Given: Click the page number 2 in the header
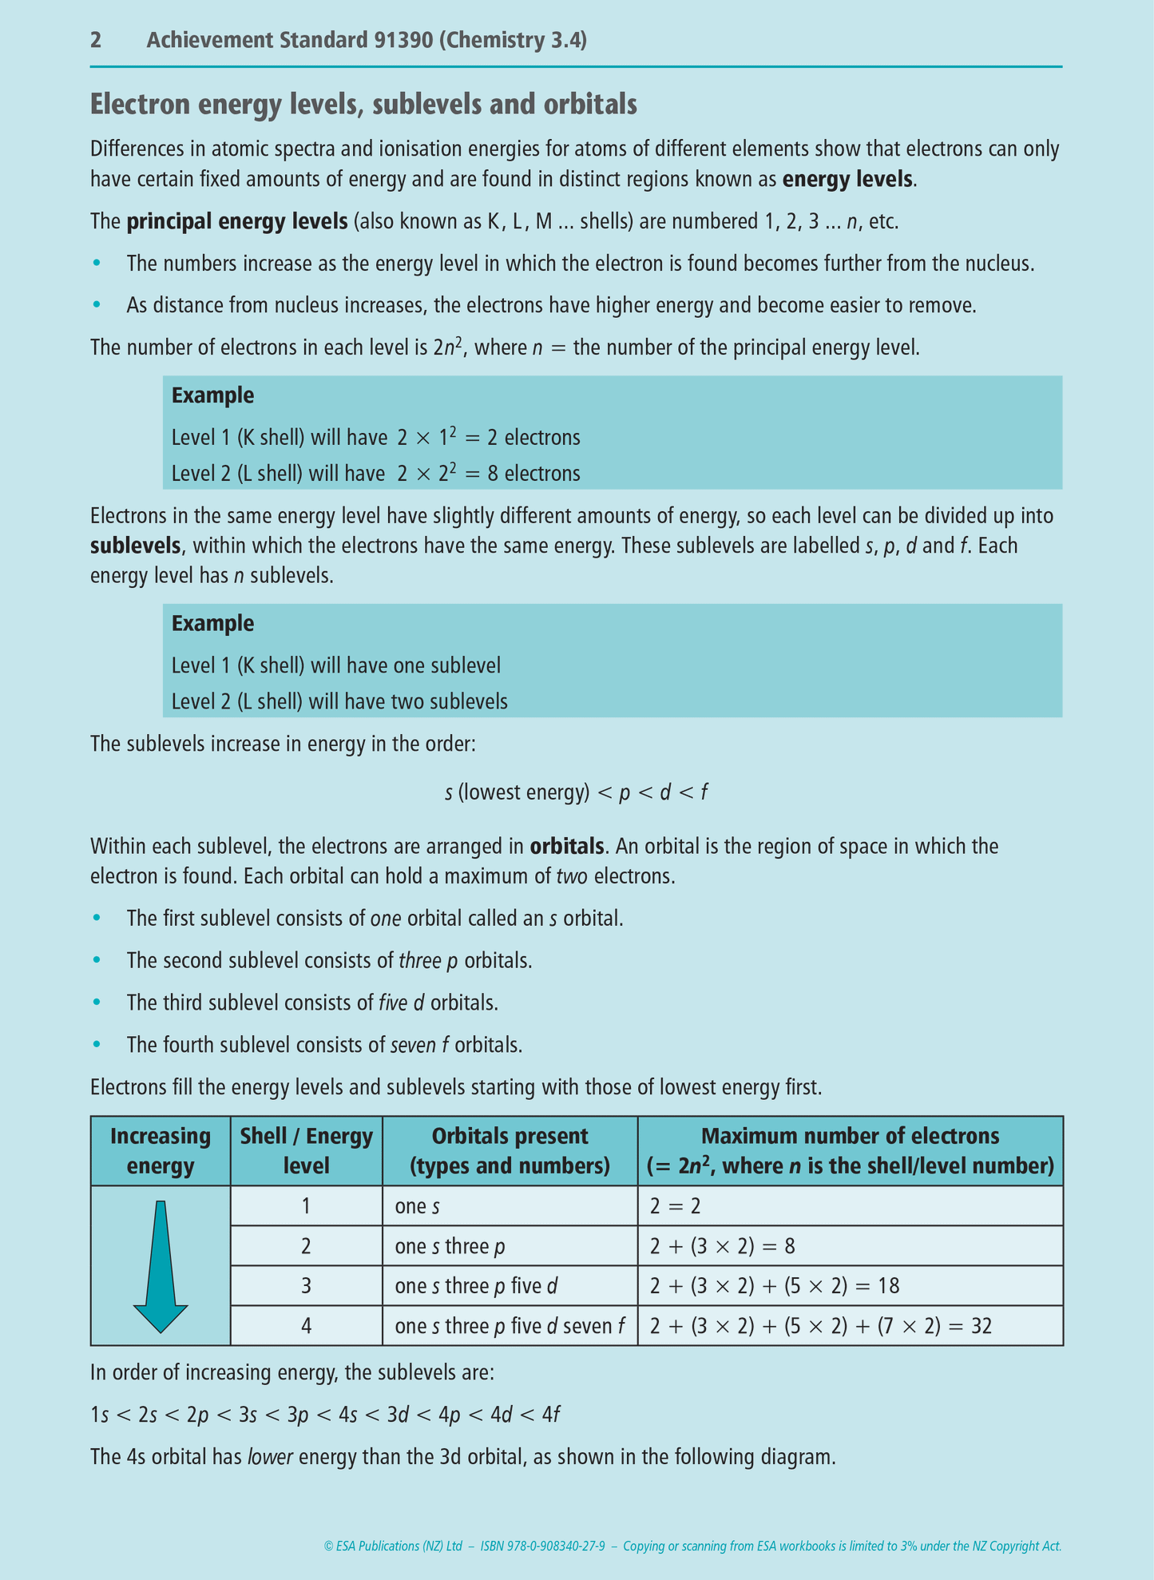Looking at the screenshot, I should point(96,40).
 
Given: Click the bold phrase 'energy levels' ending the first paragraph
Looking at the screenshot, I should point(847,179).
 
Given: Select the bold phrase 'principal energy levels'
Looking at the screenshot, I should point(236,221).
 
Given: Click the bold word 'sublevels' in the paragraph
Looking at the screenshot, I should point(136,546).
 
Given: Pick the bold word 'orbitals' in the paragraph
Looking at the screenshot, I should point(567,846).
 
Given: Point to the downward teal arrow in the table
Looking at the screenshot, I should point(161,1266).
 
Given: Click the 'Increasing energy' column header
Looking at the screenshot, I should point(161,1151).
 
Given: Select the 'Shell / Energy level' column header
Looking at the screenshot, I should point(307,1151).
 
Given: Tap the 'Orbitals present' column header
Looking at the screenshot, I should point(510,1151).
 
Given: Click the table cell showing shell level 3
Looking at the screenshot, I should point(307,1286).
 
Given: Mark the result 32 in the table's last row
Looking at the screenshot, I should point(981,1327).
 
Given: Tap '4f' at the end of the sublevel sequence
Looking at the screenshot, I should point(550,1415).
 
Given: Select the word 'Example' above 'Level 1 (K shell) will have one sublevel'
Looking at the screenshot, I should point(212,624).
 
